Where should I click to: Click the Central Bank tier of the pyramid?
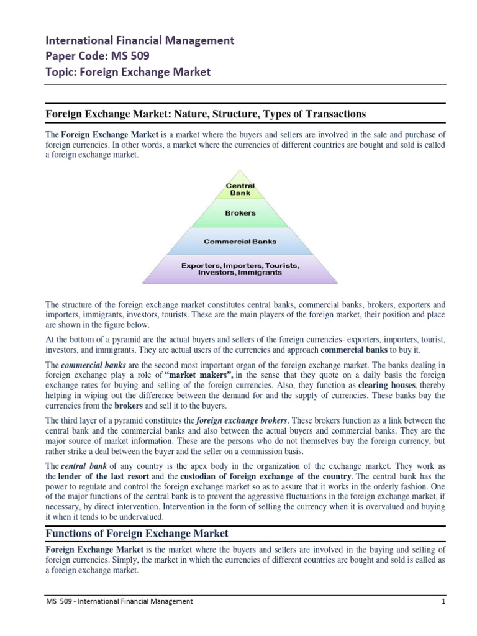click(240, 189)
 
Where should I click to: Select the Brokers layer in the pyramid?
click(240, 213)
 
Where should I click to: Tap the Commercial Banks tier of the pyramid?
click(240, 241)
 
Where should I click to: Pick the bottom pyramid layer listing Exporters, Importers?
click(240, 269)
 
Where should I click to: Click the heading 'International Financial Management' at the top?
click(140, 41)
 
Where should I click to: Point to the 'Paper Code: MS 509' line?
click(97, 57)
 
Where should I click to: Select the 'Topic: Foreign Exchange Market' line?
click(129, 72)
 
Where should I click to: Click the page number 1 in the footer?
click(443, 601)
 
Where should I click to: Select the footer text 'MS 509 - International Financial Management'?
click(119, 601)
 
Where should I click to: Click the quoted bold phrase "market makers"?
click(198, 375)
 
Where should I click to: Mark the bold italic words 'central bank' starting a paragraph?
click(83, 466)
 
